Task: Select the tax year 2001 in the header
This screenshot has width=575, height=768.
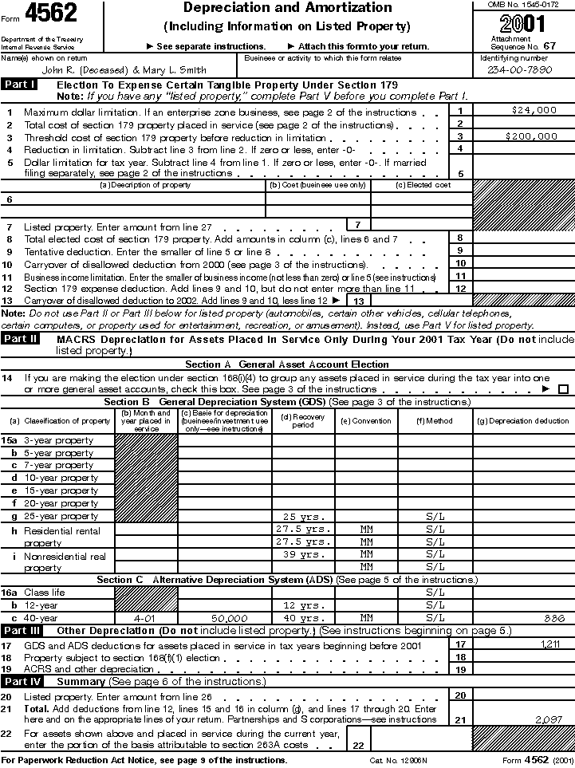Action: [x=522, y=22]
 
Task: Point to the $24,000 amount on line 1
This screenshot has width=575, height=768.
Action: [x=534, y=111]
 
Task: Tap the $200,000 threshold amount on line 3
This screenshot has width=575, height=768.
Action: [x=532, y=136]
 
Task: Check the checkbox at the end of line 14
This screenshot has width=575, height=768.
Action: [x=564, y=389]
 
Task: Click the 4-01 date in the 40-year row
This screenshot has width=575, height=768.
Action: [x=145, y=617]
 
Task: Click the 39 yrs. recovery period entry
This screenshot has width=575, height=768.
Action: [x=303, y=553]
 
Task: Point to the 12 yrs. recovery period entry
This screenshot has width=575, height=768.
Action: [x=303, y=605]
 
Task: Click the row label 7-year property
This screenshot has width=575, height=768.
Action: [x=58, y=465]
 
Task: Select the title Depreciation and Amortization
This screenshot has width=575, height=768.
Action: [x=288, y=8]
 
